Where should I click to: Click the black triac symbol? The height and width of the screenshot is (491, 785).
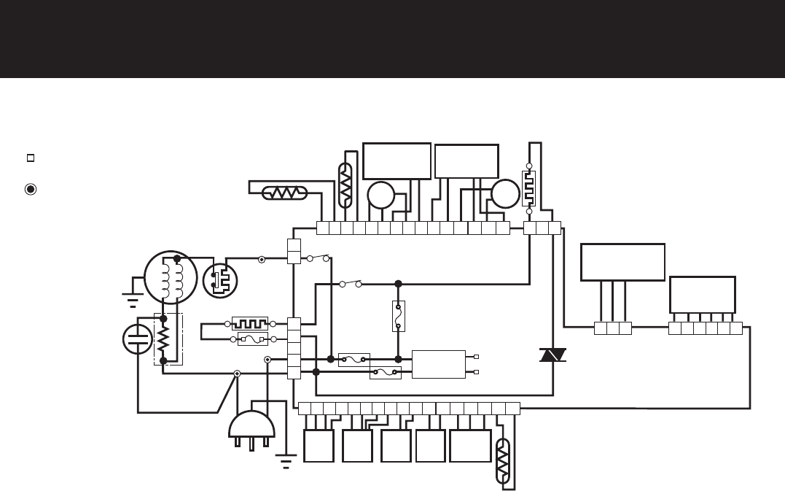[548, 355]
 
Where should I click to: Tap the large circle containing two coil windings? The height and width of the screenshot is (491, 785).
[171, 277]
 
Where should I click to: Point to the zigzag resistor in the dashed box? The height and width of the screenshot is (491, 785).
[164, 338]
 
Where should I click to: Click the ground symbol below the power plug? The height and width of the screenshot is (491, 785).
[285, 460]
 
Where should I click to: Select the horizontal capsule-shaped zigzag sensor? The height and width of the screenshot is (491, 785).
[284, 193]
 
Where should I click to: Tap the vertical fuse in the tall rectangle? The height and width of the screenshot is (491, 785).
[398, 315]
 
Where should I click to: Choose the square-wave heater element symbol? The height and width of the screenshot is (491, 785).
[250, 322]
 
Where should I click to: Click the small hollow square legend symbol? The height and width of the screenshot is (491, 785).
[31, 158]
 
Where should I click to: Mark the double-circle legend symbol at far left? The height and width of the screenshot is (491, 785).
[31, 188]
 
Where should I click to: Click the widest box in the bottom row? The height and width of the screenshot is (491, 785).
[470, 446]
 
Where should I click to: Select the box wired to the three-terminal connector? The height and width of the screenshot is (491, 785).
[622, 262]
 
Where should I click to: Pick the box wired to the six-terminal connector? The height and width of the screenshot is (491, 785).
[702, 293]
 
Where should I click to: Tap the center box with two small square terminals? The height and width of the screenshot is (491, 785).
[438, 364]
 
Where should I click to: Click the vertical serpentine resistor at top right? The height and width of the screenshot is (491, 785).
[529, 188]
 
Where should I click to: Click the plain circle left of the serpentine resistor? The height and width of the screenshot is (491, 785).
[504, 193]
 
